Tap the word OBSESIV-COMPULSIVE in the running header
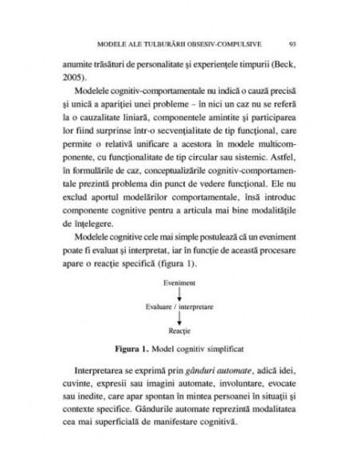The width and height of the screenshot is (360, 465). click(x=213, y=43)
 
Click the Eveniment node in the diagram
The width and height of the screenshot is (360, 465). click(x=179, y=283)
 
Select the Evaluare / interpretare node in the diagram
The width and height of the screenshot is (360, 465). click(x=179, y=306)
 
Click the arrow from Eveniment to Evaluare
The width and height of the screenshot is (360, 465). click(x=179, y=294)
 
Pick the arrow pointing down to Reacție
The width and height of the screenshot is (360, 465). click(x=179, y=317)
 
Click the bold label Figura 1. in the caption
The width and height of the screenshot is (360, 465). click(x=133, y=349)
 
